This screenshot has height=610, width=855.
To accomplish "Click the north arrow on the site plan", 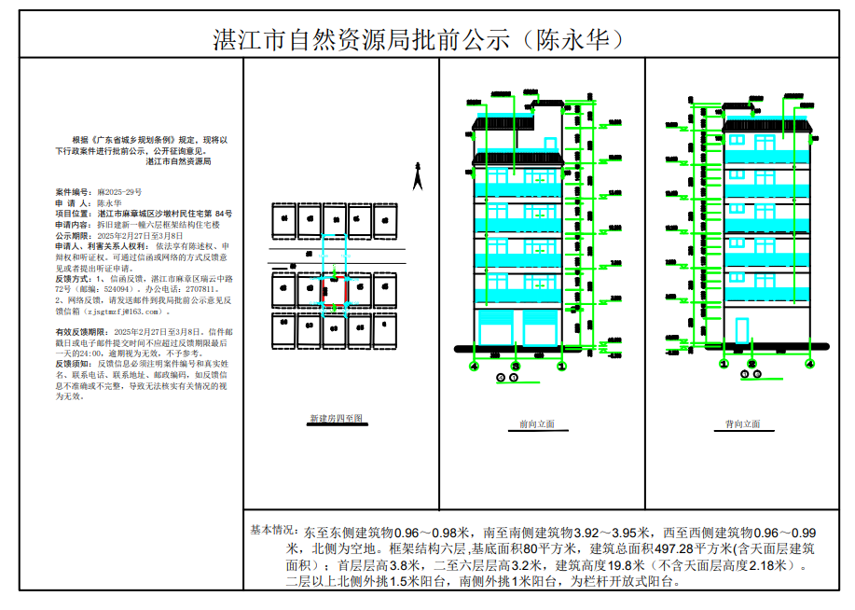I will [419, 175].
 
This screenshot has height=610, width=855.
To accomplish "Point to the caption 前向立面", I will [536, 424].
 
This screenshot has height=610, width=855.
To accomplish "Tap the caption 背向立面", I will [743, 424].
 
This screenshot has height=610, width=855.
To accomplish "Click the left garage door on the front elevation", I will [495, 331].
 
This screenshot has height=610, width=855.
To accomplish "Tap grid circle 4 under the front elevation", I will [474, 367].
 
